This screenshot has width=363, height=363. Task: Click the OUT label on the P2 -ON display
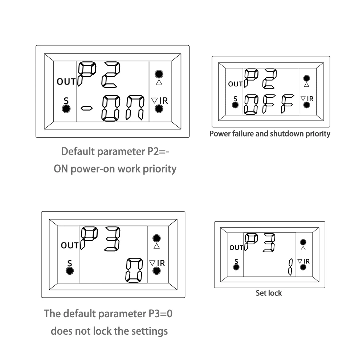66,81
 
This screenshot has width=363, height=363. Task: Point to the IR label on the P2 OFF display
310,98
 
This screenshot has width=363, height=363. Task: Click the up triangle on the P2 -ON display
158,82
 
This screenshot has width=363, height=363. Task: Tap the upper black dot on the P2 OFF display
307,78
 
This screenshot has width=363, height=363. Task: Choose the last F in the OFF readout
288,104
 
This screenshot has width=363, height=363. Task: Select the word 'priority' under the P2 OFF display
316,134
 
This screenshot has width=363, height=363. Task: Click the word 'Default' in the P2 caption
78,151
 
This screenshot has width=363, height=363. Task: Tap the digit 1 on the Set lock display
290,267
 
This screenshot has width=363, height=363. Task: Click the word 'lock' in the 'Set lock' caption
275,293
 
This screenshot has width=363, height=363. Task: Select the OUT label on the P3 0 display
70,245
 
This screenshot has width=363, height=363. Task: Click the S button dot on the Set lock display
236,267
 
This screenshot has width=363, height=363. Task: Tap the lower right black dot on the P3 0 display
157,270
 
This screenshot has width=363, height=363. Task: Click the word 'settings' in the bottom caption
150,331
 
